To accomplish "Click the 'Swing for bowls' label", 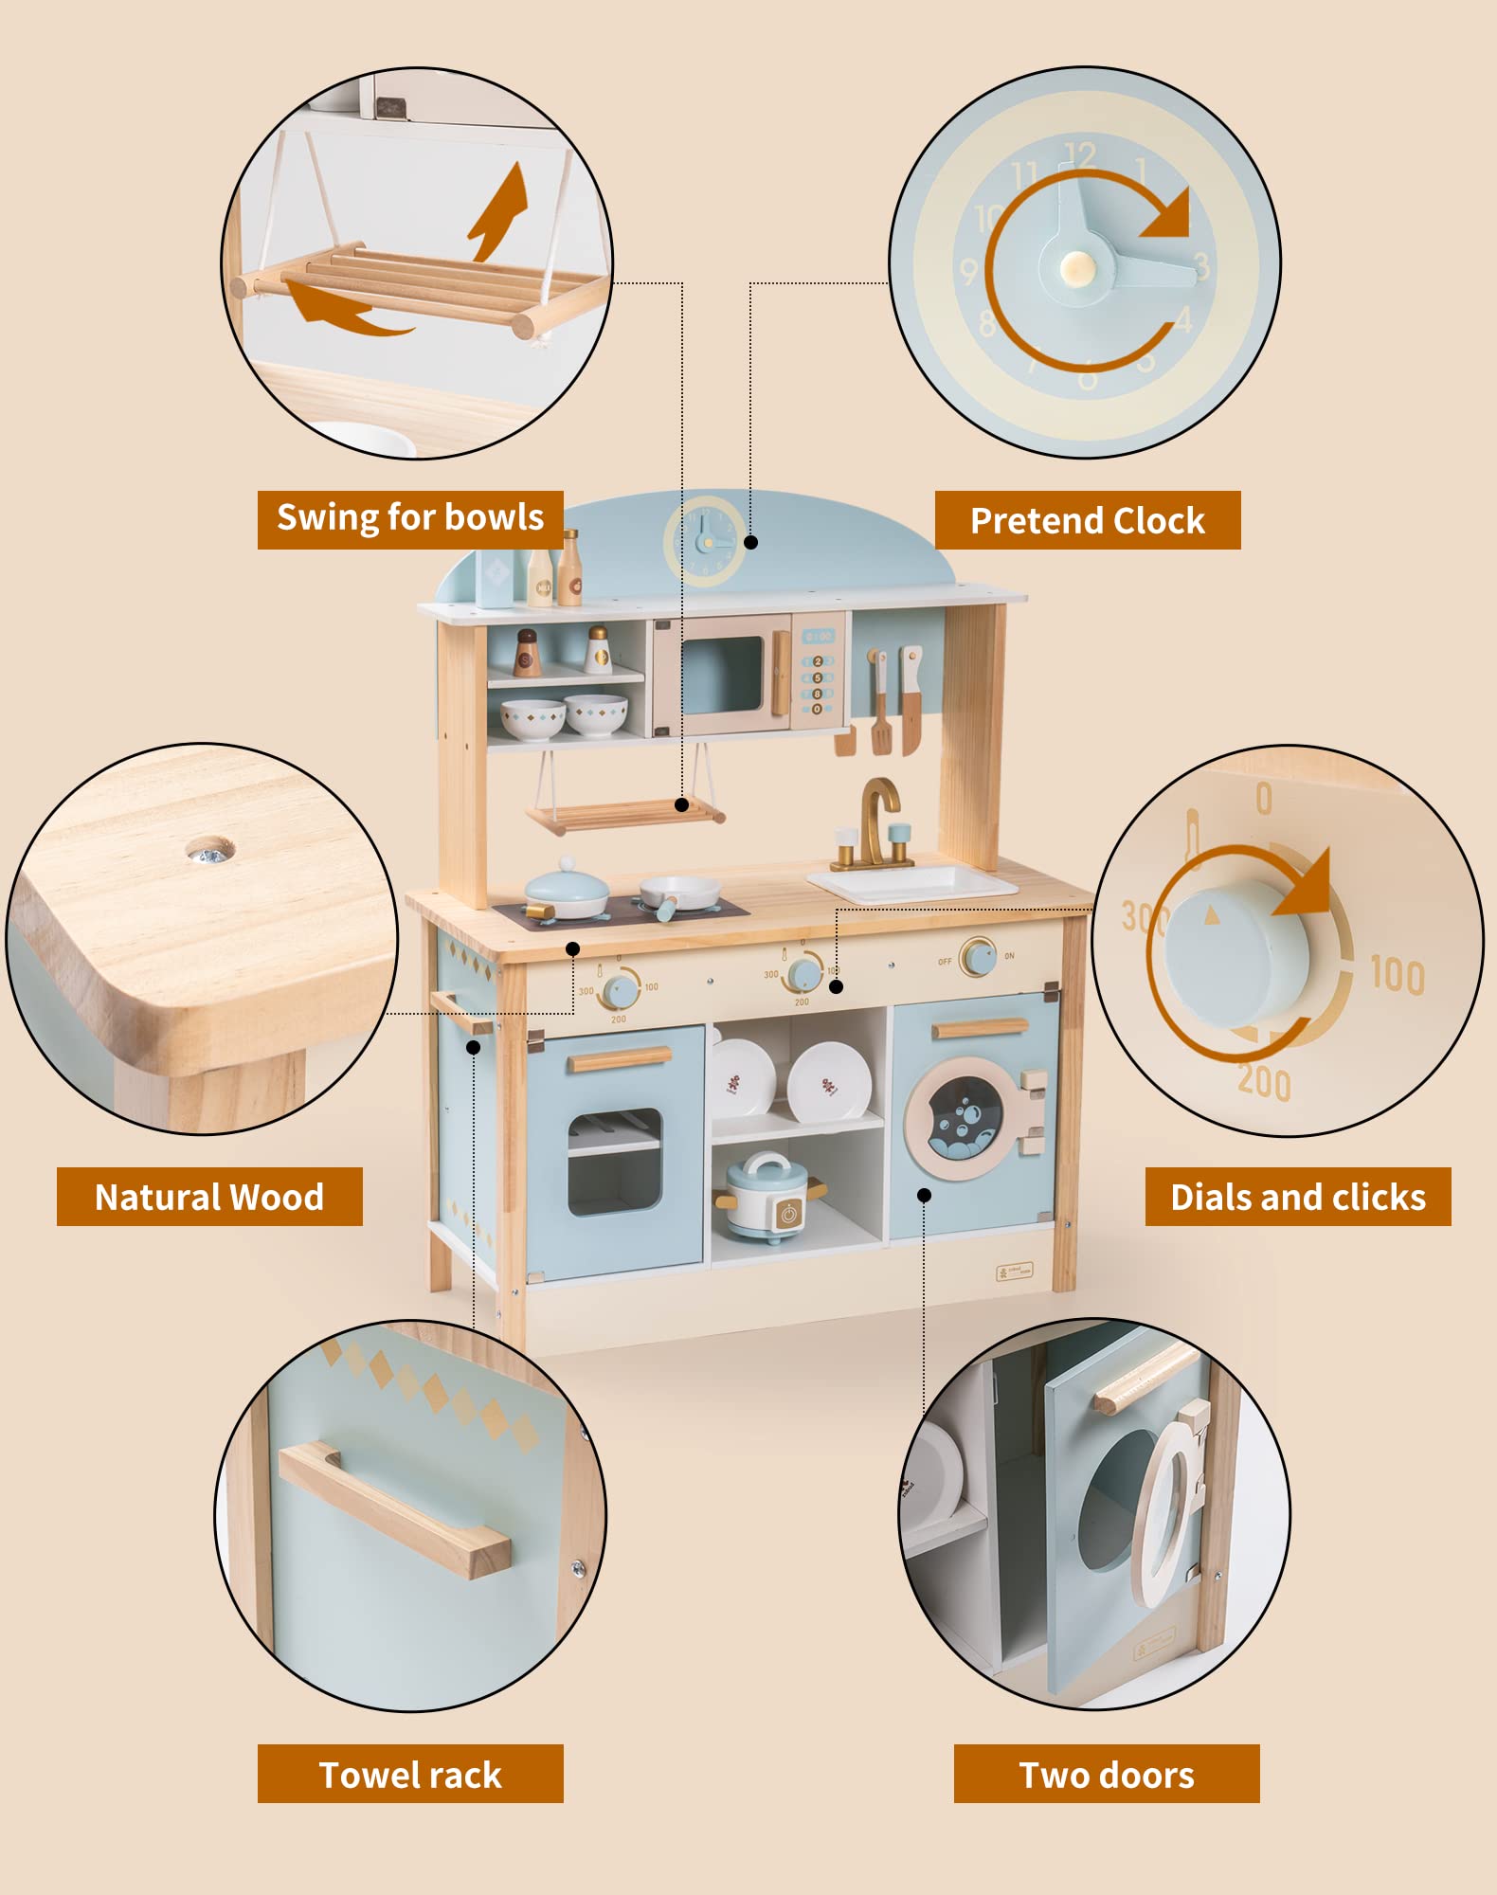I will coord(410,518).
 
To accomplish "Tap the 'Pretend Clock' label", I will coord(1087,520).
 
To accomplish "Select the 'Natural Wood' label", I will coord(209,1197).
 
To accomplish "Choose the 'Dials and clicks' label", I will coord(1297,1197).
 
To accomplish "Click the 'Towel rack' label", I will coord(410,1775).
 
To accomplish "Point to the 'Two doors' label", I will coord(1106,1775).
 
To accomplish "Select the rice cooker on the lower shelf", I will coord(767,1197).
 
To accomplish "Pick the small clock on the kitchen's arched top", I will coord(705,541).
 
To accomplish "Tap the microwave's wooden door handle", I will coord(781,673).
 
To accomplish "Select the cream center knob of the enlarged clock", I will coord(1077,268).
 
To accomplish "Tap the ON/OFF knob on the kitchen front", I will coord(977,957).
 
